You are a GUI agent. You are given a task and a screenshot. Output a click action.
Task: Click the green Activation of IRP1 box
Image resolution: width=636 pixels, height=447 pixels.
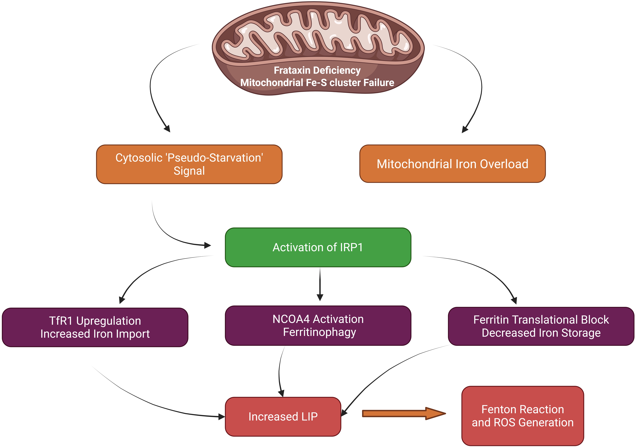(x=318, y=247)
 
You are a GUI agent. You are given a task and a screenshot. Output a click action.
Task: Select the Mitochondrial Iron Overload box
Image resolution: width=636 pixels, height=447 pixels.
(x=452, y=164)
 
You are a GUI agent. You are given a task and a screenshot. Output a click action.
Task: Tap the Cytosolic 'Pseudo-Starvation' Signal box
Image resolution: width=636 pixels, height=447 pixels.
(x=189, y=164)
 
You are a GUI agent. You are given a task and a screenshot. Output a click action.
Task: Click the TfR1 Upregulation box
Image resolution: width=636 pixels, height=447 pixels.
(x=95, y=327)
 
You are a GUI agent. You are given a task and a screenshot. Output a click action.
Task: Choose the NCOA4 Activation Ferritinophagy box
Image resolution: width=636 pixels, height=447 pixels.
(x=318, y=325)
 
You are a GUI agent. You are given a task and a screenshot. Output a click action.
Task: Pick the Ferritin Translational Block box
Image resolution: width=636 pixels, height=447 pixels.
(x=541, y=326)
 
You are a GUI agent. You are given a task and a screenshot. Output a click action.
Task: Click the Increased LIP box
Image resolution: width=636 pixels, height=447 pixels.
(x=283, y=417)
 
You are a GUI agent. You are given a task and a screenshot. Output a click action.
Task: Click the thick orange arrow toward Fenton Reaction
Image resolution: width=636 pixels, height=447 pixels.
(x=404, y=414)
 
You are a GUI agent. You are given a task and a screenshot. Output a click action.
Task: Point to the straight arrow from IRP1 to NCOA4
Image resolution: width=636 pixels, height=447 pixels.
(x=320, y=284)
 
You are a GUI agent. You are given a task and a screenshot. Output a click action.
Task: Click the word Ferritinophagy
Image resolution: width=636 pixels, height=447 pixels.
(x=319, y=332)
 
